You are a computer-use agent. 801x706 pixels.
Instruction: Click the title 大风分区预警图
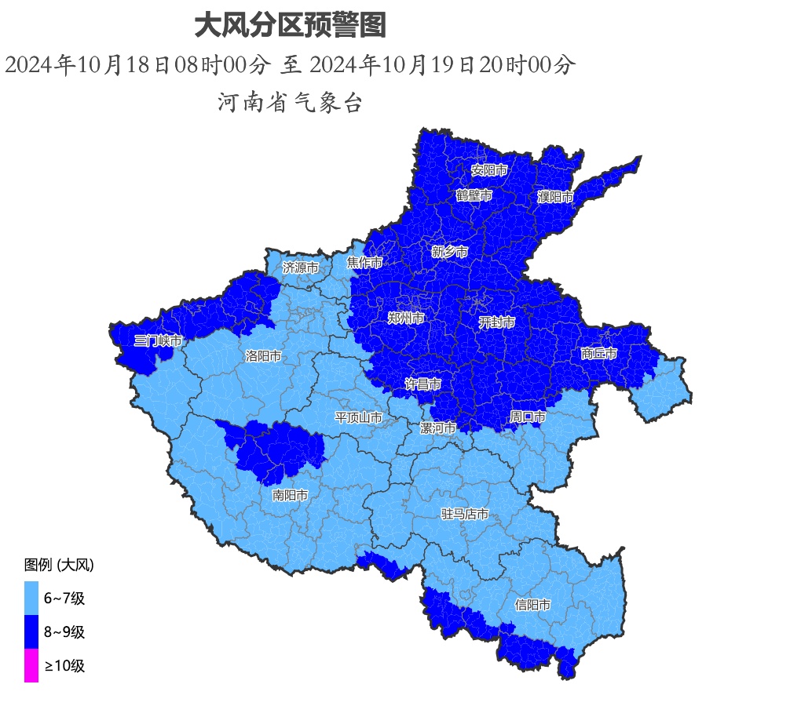pyautogui.click(x=290, y=27)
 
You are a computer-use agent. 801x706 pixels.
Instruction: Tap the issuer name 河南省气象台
pyautogui.click(x=290, y=102)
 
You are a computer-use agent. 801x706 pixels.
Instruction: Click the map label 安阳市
pyautogui.click(x=489, y=169)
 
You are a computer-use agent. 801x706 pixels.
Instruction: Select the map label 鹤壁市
pyautogui.click(x=474, y=195)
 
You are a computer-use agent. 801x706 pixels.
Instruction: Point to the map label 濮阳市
pyautogui.click(x=555, y=197)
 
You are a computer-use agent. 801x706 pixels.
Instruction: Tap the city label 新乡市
pyautogui.click(x=450, y=252)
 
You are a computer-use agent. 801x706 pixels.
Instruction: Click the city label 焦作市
pyautogui.click(x=365, y=263)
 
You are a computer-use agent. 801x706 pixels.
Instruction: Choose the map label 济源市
pyautogui.click(x=301, y=267)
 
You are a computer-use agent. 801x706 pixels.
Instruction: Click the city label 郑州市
pyautogui.click(x=406, y=318)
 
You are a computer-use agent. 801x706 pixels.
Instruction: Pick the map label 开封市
pyautogui.click(x=497, y=322)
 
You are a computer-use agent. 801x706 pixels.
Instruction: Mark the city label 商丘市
pyautogui.click(x=599, y=354)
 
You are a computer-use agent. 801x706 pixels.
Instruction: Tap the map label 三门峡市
pyautogui.click(x=158, y=340)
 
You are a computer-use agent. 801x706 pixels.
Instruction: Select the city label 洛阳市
pyautogui.click(x=263, y=355)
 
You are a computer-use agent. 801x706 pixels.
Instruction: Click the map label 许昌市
pyautogui.click(x=422, y=384)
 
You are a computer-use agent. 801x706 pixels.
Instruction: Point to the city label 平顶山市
pyautogui.click(x=359, y=417)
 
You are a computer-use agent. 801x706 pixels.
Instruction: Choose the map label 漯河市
pyautogui.click(x=437, y=428)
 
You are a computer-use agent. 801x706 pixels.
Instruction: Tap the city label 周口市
pyautogui.click(x=527, y=416)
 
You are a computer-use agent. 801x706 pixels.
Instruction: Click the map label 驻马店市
pyautogui.click(x=465, y=515)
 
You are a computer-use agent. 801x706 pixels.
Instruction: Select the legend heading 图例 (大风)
pyautogui.click(x=60, y=565)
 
